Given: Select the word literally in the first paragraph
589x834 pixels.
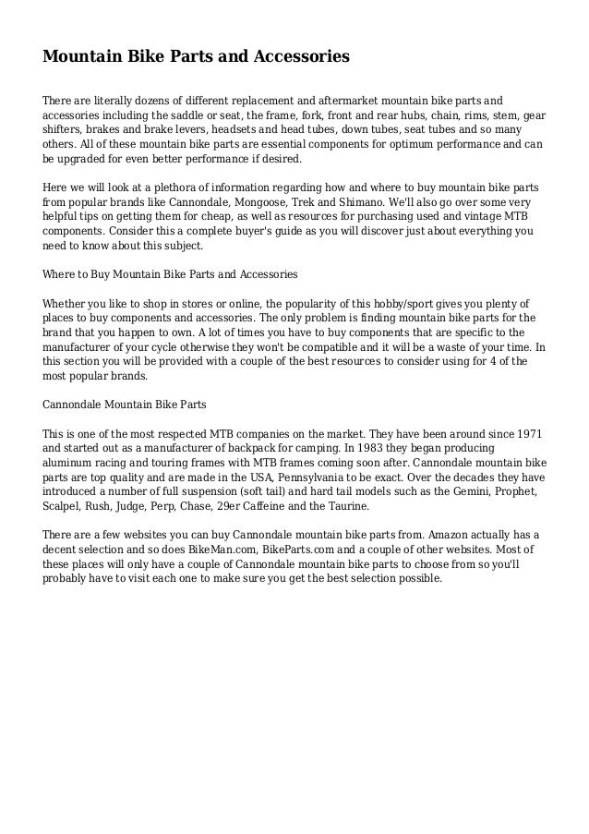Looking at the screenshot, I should coord(111,101).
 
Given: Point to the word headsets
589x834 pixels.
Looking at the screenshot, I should coord(229,130).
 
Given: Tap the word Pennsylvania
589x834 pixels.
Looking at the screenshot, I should coord(289,477).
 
